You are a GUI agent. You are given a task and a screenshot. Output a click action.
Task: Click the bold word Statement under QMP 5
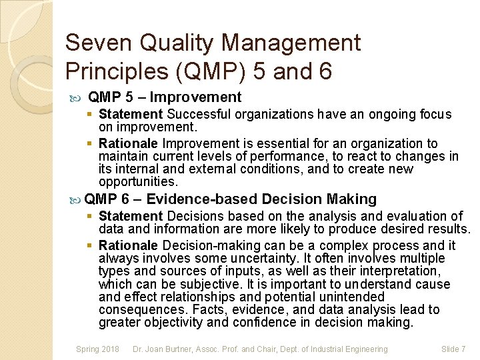tap(131, 115)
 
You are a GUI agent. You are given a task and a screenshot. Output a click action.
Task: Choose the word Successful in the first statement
tap(198, 115)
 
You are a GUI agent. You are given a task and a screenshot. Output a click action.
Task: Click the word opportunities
tap(137, 182)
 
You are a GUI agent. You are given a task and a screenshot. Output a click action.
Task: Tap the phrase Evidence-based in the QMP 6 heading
tap(202, 199)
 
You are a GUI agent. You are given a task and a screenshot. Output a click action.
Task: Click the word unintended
tap(353, 297)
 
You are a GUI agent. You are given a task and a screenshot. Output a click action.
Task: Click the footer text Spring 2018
tap(97, 349)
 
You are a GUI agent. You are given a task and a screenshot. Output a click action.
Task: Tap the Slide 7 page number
tap(453, 349)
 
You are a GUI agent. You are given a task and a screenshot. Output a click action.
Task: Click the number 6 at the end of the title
tap(324, 70)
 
